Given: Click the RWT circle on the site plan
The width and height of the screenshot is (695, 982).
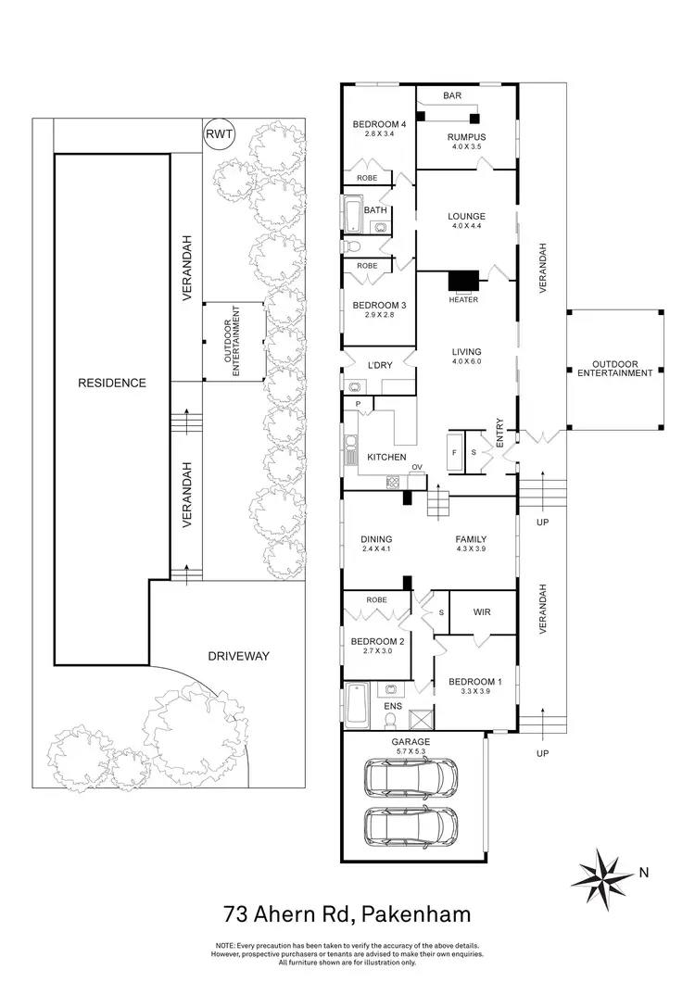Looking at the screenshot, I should (x=220, y=134).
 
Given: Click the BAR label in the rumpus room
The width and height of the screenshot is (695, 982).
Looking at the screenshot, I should (x=451, y=95).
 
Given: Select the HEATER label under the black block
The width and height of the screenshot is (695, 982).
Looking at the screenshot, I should (x=462, y=299).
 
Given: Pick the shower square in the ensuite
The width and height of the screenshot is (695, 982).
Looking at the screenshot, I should (x=421, y=717).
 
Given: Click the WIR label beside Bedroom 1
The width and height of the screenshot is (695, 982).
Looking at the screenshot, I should (x=481, y=612).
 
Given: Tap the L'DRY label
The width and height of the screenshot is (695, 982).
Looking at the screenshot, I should (x=381, y=365).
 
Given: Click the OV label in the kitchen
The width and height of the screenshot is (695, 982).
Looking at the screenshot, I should (x=417, y=467).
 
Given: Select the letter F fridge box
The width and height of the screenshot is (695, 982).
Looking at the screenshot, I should (x=453, y=453).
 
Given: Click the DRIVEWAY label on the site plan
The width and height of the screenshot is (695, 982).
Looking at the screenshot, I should (x=237, y=656).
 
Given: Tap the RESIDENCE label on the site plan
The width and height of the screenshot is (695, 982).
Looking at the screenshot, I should (x=111, y=383).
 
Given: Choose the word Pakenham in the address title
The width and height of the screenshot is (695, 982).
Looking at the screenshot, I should (x=418, y=915).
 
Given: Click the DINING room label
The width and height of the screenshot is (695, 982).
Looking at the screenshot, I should (x=377, y=539).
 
